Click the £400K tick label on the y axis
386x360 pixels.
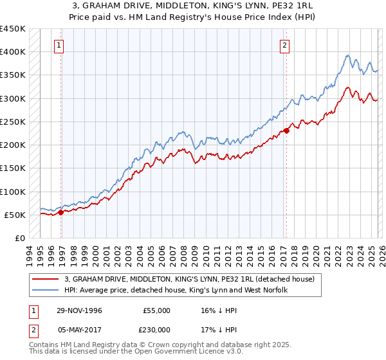point(13,52)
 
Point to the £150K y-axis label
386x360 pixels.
point(13,168)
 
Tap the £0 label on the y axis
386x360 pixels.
point(19,239)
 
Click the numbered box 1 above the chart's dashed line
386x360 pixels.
point(59,45)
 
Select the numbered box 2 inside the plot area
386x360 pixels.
point(284,45)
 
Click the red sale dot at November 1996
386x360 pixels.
point(60,213)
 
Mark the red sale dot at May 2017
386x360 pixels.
point(287,130)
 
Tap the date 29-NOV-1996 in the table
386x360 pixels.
point(79,310)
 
